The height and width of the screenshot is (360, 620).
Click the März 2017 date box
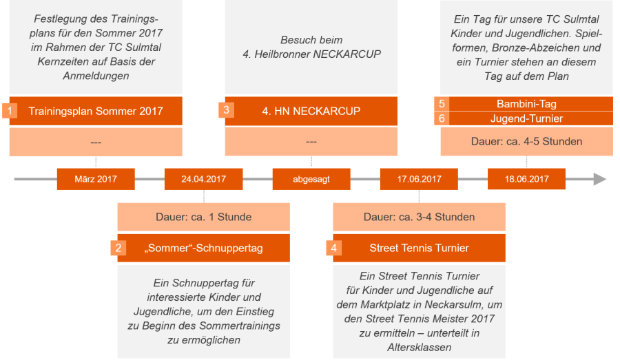click(96, 179)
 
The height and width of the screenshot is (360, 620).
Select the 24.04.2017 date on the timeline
click(203, 179)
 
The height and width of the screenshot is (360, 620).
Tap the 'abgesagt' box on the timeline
click(311, 179)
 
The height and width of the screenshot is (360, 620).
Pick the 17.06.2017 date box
click(419, 179)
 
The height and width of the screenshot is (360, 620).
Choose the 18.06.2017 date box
click(526, 179)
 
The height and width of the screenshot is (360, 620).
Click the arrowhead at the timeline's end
click(600, 179)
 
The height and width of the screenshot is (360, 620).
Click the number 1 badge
click(10, 110)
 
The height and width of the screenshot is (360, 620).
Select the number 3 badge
click(225, 110)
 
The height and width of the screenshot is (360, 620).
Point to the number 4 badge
click(333, 248)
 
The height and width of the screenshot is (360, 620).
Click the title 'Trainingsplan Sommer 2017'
click(96, 111)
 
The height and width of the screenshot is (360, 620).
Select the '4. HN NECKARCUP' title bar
click(311, 111)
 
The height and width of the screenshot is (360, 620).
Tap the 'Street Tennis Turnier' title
click(419, 248)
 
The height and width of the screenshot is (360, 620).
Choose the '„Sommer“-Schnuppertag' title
click(203, 248)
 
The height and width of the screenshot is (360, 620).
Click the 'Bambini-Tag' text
click(526, 104)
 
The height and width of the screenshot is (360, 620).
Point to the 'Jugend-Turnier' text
click(526, 118)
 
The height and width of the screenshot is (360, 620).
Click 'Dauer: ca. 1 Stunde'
click(203, 217)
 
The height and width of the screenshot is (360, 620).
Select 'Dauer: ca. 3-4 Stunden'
click(419, 217)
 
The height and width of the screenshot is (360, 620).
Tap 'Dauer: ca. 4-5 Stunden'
click(526, 142)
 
